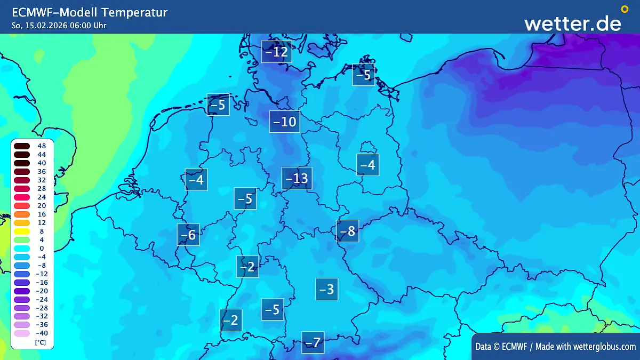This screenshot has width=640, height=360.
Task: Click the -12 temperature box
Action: point(276,52)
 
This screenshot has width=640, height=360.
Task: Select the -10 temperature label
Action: point(284,122)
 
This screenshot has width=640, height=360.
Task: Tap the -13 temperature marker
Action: point(297,178)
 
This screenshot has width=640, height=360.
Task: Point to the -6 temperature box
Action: point(188,235)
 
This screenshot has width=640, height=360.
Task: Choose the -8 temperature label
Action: point(347,231)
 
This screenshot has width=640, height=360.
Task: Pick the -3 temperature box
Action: point(326,289)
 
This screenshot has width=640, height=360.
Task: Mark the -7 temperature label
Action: point(313,342)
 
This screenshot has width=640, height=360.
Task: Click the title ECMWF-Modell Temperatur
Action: point(90,12)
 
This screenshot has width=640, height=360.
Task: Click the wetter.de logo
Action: point(572,23)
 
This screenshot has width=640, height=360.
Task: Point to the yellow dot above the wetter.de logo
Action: point(625,9)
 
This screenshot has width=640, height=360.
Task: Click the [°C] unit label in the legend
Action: point(40,342)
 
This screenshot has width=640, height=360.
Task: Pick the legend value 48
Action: point(41,146)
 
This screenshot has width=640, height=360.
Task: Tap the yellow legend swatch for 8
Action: point(22,231)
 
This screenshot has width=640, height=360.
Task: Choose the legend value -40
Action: point(41,333)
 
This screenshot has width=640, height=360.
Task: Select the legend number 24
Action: point(41,197)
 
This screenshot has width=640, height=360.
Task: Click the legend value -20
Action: point(41,291)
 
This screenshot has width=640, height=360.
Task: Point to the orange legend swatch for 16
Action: point(22,214)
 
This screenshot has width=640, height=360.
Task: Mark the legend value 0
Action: point(41,248)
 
